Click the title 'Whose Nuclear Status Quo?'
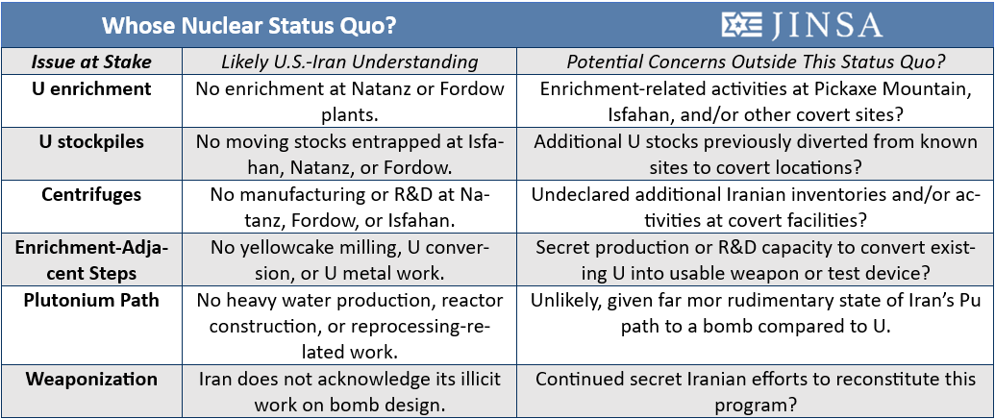point(249,25)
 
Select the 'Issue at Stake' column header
point(91,62)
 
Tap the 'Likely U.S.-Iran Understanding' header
point(349,62)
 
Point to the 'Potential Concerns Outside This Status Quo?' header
point(755,62)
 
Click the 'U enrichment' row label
point(91,88)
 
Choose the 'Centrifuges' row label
point(91,193)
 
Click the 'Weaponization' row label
point(91,379)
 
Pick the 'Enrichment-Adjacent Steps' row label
point(91,259)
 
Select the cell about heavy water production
point(350,326)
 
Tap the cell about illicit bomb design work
point(350,392)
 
